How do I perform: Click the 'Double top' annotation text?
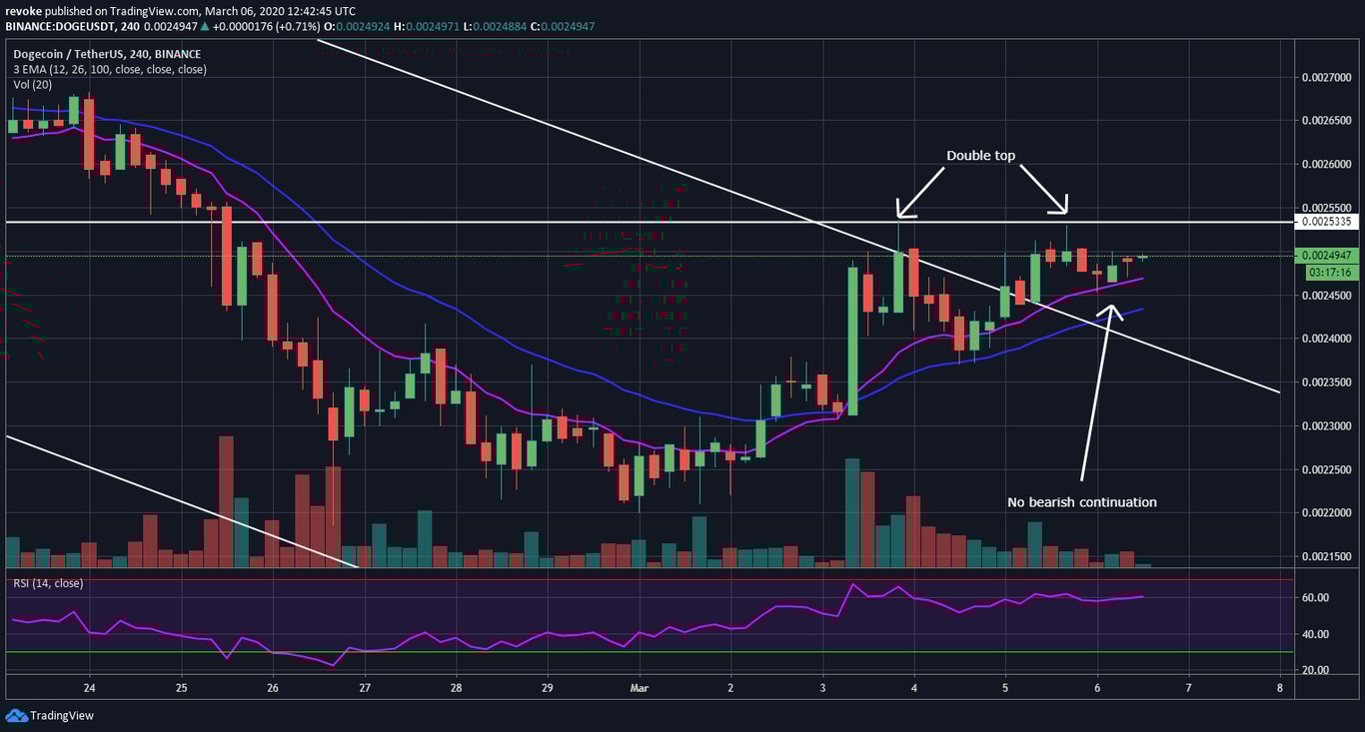[981, 157]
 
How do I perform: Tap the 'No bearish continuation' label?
[1081, 502]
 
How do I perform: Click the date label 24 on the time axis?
[90, 688]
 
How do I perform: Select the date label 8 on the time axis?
[1280, 688]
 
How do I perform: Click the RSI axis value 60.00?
[1316, 597]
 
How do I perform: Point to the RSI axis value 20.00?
[1316, 670]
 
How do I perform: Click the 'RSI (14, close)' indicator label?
[48, 583]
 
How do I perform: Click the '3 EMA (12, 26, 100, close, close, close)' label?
[110, 69]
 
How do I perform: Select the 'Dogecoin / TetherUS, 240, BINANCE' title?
[107, 54]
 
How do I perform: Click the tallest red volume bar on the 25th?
[226, 500]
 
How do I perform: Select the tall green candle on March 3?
[853, 341]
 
